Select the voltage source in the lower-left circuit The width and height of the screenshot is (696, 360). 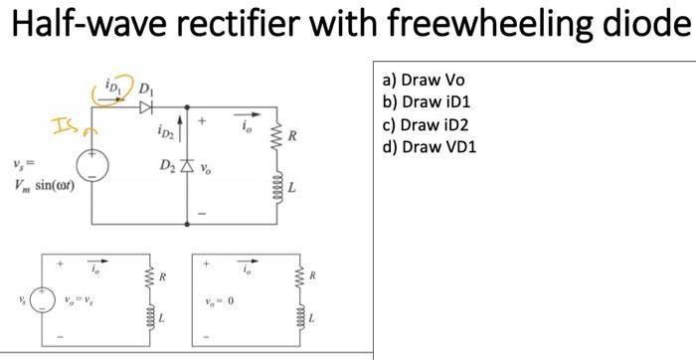[42, 299]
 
